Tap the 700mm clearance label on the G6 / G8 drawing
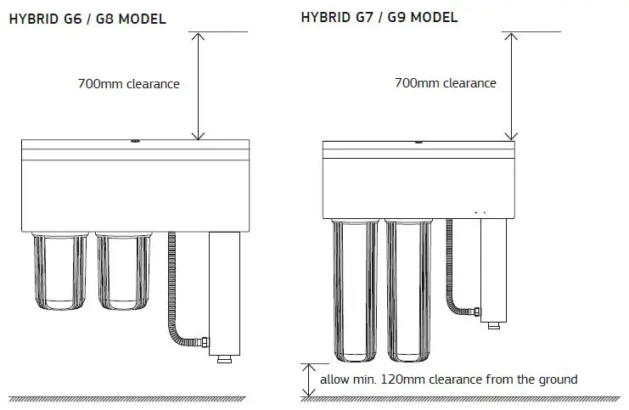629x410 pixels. [128, 84]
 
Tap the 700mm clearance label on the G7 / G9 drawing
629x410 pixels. [445, 83]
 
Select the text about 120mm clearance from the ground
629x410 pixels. [448, 379]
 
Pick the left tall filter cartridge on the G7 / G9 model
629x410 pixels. [355, 289]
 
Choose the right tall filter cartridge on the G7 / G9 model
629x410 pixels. [411, 289]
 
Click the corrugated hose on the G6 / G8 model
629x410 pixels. [173, 289]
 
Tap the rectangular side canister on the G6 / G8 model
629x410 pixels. [224, 293]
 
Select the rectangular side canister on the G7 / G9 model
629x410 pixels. [494, 267]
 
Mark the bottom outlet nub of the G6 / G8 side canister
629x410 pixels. [224, 360]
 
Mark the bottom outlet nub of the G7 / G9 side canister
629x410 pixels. [494, 323]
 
